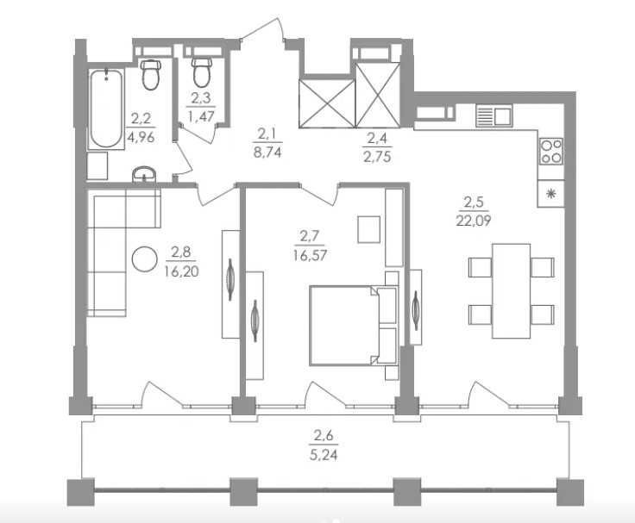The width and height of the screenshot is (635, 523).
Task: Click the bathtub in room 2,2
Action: tap(106, 109)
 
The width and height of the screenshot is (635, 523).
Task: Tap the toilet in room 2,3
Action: tap(202, 72)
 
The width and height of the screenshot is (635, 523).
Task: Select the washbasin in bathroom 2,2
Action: tap(144, 174)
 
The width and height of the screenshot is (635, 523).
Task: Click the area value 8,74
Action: tap(267, 153)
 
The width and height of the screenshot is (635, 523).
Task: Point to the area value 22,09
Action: tap(474, 221)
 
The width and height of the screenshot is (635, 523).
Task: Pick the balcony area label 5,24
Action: tap(324, 456)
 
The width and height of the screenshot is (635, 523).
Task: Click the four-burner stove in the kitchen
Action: tap(551, 152)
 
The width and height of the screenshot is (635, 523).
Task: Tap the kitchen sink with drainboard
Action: tap(494, 115)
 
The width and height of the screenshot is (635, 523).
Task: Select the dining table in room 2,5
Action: tap(511, 291)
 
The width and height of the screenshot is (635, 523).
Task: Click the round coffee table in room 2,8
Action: tap(145, 258)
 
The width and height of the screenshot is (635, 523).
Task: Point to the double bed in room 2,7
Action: tap(353, 326)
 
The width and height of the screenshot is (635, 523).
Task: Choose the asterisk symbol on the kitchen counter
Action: tap(550, 194)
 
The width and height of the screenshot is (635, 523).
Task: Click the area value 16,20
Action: tap(182, 271)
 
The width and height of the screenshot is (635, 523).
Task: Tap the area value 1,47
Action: tap(201, 116)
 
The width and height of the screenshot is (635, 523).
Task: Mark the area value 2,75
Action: tap(377, 157)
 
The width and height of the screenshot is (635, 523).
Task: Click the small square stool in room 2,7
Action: tap(369, 229)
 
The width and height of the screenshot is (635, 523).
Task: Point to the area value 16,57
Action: tap(311, 255)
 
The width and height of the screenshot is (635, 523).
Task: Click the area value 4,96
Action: tap(141, 138)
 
